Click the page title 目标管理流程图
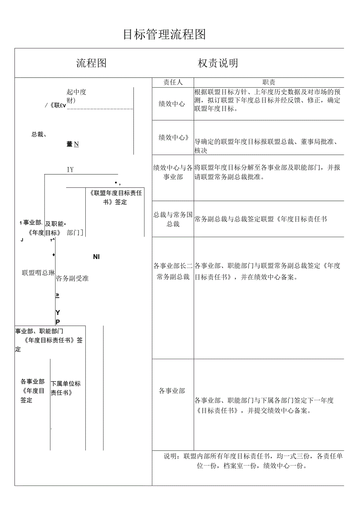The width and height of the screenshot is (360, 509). (x=164, y=35)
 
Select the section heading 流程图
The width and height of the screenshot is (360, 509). (x=92, y=63)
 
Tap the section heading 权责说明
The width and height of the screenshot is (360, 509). (x=218, y=63)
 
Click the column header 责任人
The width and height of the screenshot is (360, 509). (x=173, y=83)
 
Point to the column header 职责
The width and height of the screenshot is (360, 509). (x=269, y=83)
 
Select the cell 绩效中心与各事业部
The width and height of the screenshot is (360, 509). (x=173, y=172)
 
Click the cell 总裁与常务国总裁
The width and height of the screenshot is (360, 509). (x=173, y=219)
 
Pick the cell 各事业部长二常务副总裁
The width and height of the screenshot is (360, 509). (x=173, y=271)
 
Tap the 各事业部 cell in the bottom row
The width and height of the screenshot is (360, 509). (x=172, y=391)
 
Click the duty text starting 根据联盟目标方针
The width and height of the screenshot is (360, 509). (x=267, y=101)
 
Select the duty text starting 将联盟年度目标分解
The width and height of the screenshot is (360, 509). (x=267, y=172)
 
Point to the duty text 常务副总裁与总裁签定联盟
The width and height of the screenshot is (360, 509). (x=260, y=219)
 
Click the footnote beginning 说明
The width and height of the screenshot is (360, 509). (x=253, y=461)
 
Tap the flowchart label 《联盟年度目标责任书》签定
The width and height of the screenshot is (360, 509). (x=115, y=197)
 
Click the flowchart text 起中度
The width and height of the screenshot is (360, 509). (x=76, y=92)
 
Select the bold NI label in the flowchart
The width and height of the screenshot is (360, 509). (x=96, y=257)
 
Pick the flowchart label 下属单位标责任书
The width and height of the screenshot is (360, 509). (x=66, y=388)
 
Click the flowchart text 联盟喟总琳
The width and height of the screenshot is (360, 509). (x=38, y=273)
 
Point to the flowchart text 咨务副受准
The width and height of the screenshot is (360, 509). (x=72, y=278)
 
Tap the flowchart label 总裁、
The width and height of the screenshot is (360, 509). (x=39, y=135)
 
